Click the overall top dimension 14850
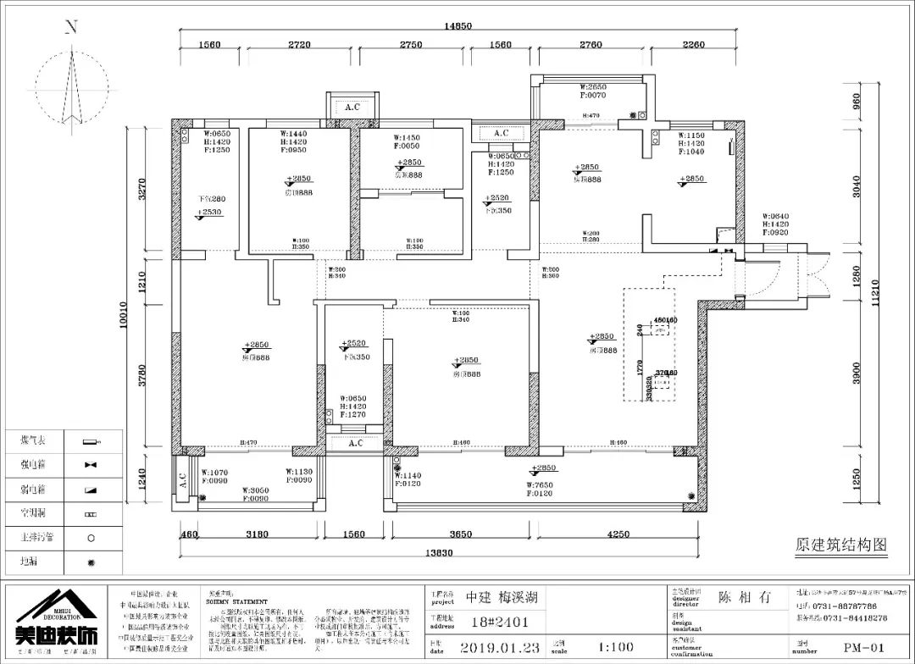(x=458, y=26)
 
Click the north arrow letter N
(x=72, y=27)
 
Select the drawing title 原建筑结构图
(x=840, y=544)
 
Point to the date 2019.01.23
(x=501, y=648)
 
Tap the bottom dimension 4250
(x=619, y=534)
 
